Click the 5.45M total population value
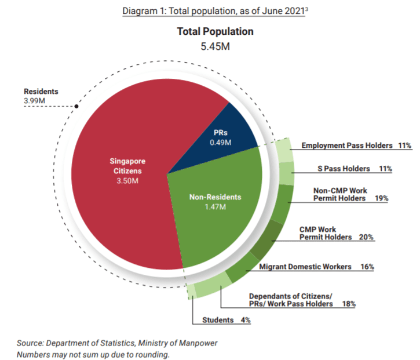click(215, 46)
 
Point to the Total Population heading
click(215, 32)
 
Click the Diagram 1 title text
click(214, 12)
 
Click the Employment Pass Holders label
click(346, 145)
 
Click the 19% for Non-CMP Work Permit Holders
click(381, 198)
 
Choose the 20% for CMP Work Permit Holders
click(366, 237)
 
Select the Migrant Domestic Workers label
click(305, 267)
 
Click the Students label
click(218, 320)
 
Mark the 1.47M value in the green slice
click(215, 206)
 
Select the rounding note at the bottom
click(93, 354)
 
